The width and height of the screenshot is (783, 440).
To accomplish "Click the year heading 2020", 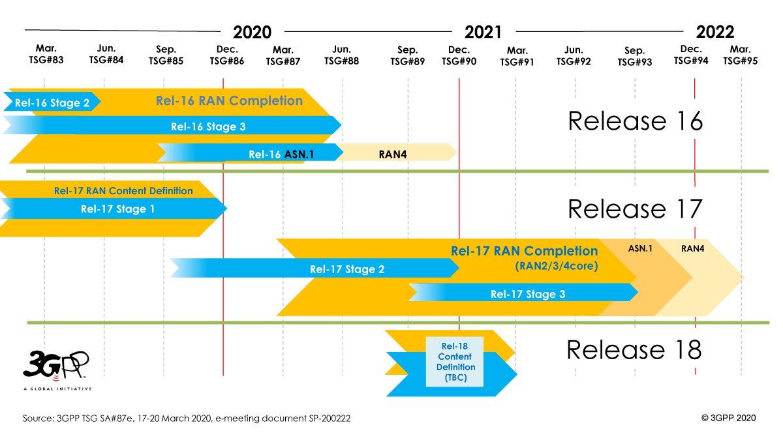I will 252,32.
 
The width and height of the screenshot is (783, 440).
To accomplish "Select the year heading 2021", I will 483,32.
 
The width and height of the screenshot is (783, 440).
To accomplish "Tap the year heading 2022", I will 714,32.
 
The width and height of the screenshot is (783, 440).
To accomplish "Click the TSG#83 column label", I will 47,61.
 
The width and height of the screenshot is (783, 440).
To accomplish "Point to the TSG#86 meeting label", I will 226,61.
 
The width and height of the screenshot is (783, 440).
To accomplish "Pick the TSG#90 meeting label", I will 459,61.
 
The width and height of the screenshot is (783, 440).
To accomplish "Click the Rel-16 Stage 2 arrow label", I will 52,103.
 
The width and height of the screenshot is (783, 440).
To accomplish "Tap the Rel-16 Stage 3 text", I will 208,126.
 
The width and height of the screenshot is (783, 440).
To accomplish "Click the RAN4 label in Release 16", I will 390,154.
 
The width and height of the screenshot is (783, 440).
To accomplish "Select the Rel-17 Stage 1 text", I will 118,209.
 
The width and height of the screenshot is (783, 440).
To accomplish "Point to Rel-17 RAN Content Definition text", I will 123,191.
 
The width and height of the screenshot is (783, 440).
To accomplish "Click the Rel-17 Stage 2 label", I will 347,269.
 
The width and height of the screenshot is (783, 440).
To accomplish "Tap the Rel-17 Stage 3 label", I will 528,294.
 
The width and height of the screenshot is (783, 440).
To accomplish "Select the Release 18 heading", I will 634,350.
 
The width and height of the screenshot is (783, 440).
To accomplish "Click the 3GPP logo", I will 56,368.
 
